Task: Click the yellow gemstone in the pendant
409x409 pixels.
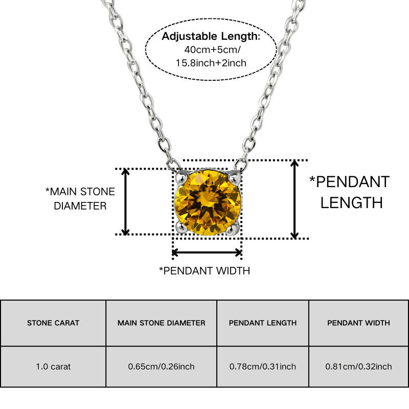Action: (x=208, y=202)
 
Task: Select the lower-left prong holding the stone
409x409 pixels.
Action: (x=181, y=227)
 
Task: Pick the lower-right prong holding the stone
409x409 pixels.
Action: (x=233, y=228)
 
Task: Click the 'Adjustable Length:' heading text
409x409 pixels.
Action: (x=211, y=36)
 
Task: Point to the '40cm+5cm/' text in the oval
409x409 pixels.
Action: (x=212, y=50)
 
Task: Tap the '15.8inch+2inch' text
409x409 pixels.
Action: (x=211, y=63)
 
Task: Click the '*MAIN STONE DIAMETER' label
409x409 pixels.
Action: (x=80, y=199)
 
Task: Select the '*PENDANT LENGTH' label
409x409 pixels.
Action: (x=350, y=192)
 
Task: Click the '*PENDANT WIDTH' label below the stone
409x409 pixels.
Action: (x=205, y=271)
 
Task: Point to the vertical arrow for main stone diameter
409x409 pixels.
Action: (x=125, y=202)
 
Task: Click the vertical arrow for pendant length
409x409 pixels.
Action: (x=294, y=199)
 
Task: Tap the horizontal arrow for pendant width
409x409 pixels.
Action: (x=207, y=253)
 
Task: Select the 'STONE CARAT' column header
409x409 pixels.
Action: (x=53, y=323)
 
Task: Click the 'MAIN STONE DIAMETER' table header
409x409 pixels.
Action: (x=162, y=323)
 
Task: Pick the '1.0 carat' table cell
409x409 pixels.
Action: (x=53, y=367)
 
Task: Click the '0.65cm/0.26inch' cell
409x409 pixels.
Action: (x=161, y=367)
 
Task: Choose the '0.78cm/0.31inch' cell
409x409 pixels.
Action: (x=263, y=367)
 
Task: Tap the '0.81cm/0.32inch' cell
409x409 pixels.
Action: (x=358, y=367)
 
